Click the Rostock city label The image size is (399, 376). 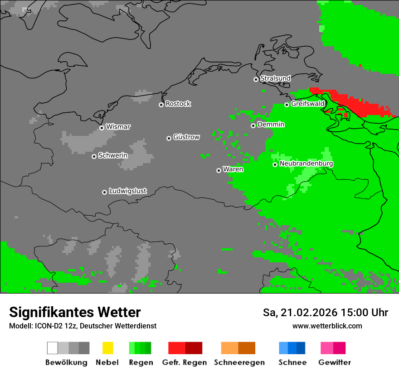tap(178, 104)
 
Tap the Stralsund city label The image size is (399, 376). tap(275, 78)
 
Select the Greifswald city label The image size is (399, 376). tap(307, 104)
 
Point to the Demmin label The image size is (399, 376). tap(271, 125)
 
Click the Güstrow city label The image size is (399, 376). tap(186, 137)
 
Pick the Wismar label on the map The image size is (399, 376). tap(118, 127)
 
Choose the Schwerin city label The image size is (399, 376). tap(113, 155)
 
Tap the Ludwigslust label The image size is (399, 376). tap(127, 191)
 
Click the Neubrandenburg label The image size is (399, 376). tap(306, 164)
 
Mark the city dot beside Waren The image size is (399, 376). tap(219, 170)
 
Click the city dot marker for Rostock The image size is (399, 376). tap(161, 105)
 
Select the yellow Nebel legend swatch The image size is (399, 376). tap(107, 348)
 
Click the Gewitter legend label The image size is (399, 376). tap(335, 362)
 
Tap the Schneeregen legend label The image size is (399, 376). tap(239, 362)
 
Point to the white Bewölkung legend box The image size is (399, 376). tap(53, 348)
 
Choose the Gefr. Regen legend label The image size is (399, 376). tap(184, 362)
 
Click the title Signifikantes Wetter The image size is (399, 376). tap(75, 313)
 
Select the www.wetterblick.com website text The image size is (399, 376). tap(327, 326)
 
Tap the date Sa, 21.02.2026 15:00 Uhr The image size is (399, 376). tap(325, 313)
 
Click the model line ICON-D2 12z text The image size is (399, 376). tap(83, 326)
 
